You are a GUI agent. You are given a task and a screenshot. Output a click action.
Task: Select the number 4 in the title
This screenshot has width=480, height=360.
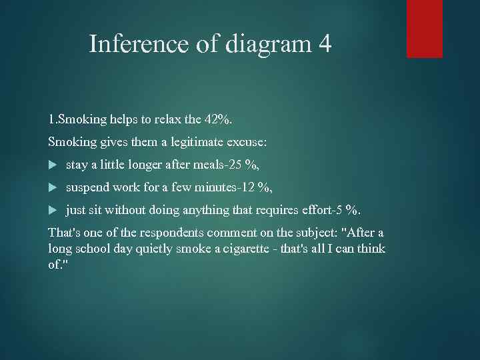pos(325,45)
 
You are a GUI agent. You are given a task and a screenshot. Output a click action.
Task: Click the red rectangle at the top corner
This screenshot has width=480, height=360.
pos(425,29)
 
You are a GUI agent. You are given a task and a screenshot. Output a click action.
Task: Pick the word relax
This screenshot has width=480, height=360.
pos(169,121)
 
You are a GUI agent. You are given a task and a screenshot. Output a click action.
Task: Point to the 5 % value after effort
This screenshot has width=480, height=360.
pos(347,211)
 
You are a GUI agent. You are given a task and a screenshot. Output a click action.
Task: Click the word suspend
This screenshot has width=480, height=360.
pos(88,187)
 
